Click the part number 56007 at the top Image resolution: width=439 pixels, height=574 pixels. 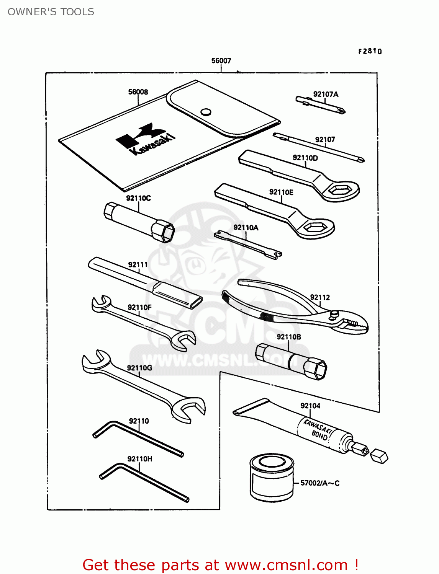221,60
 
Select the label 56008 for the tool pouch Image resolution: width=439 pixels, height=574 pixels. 138,92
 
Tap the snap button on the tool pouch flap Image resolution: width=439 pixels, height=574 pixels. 206,112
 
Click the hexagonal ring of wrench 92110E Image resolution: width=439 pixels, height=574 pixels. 314,227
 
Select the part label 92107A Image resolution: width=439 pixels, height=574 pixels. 326,94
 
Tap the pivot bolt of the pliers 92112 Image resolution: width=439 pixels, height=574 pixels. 334,314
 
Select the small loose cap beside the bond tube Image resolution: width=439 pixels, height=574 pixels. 379,456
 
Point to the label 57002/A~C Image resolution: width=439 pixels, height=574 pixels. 319,483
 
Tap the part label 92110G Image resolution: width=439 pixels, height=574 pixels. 139,368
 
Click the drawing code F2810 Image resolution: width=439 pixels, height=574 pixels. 370,51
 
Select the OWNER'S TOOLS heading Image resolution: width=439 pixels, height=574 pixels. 51,12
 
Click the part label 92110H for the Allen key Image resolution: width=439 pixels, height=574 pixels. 140,458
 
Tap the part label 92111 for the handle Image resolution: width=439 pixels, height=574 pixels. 138,264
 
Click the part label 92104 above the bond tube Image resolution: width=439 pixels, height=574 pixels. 310,406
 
